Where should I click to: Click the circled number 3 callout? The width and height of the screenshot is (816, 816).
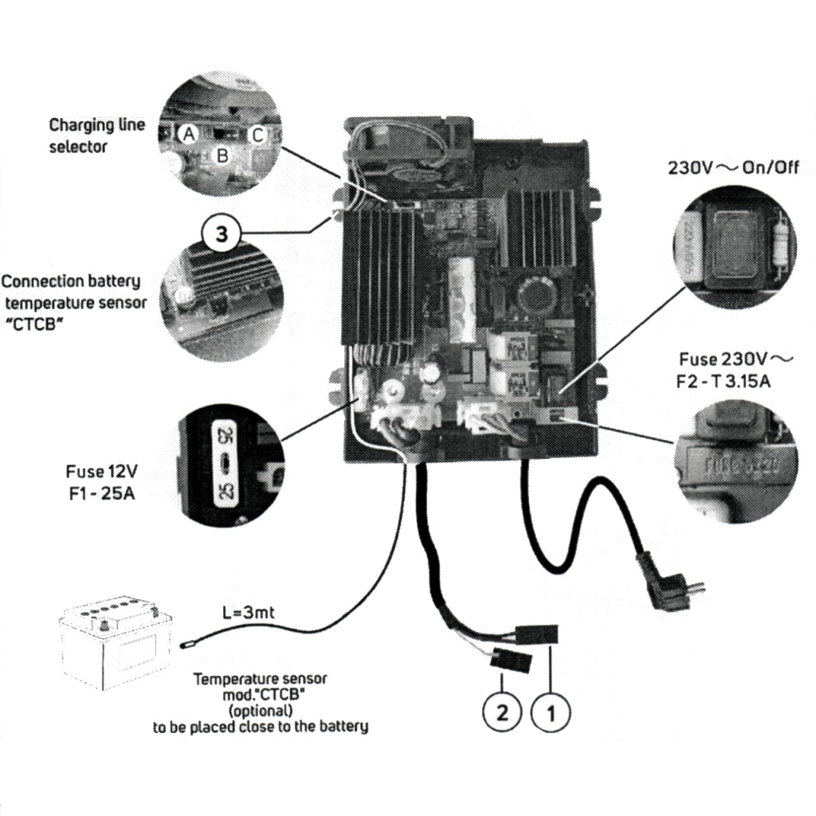[222, 233]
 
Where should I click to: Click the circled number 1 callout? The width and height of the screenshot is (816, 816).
[550, 712]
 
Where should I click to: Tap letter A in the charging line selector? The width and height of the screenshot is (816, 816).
[189, 135]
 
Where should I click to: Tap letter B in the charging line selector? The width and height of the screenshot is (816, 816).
[222, 155]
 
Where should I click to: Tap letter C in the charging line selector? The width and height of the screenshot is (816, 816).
[257, 135]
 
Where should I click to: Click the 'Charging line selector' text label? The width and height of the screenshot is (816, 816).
[96, 135]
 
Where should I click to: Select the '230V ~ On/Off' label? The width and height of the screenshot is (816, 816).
[732, 168]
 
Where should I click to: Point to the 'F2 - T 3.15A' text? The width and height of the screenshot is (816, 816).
[724, 381]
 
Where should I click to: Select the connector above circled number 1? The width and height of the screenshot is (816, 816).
[541, 635]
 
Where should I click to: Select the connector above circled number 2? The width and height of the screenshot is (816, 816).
[508, 661]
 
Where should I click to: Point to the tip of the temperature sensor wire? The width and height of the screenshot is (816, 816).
[187, 639]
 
